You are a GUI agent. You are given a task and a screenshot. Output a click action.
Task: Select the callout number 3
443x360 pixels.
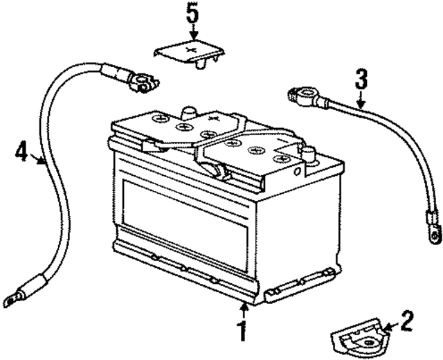pyautogui.click(x=360, y=78)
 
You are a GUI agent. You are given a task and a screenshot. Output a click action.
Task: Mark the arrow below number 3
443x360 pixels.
pyautogui.click(x=360, y=100)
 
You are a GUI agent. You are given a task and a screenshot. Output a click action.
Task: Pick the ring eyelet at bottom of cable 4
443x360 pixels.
pyautogui.click(x=12, y=299)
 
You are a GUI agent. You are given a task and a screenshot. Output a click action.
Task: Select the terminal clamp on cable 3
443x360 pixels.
pyautogui.click(x=298, y=95)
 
